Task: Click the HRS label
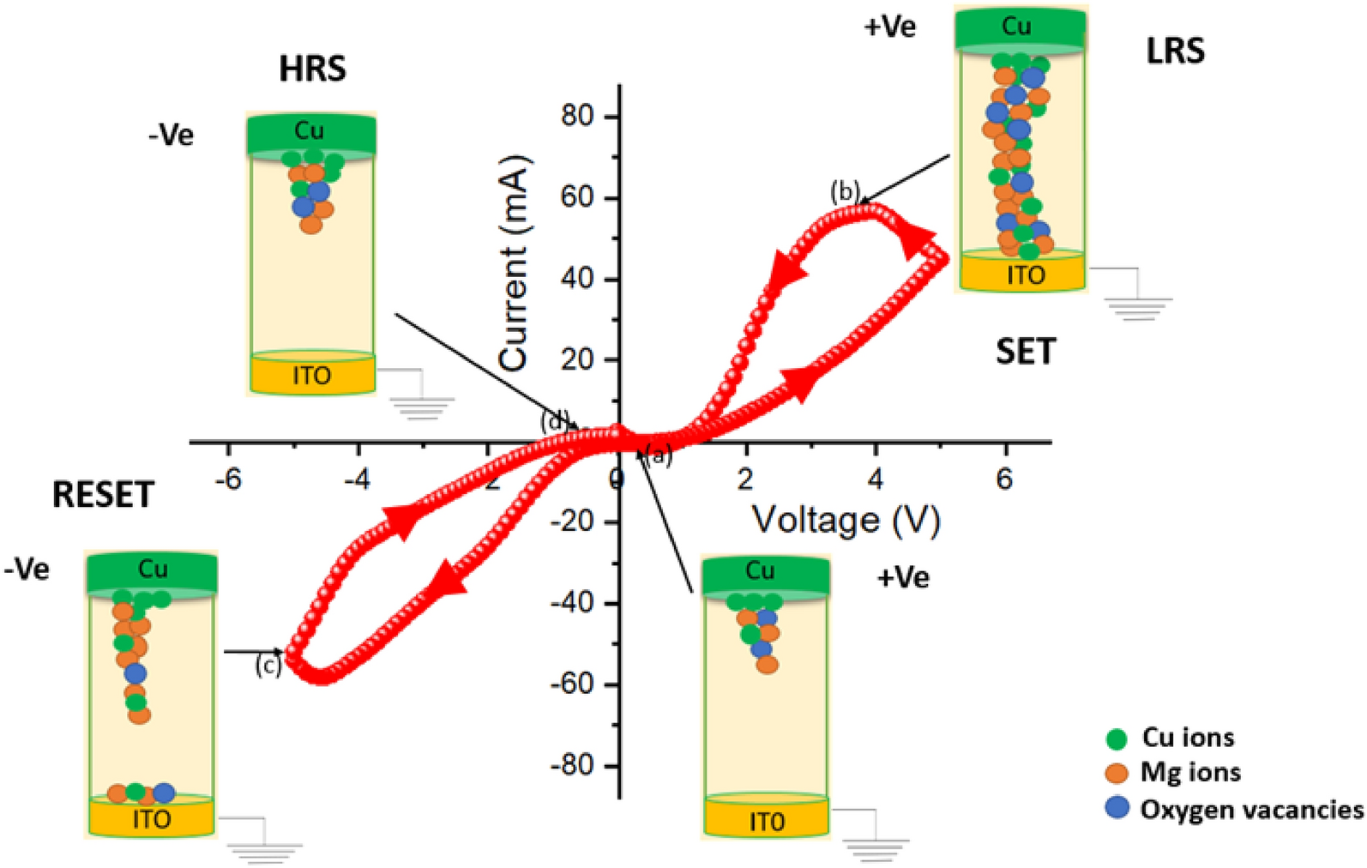point(312,69)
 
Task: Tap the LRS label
point(1175,52)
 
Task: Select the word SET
point(1026,352)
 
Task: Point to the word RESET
point(103,495)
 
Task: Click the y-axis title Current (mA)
point(513,263)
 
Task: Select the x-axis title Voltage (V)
point(846,520)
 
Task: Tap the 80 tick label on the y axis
point(577,116)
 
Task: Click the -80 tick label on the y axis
point(572,765)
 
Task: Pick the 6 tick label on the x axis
point(1004,478)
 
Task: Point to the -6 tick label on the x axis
point(228,478)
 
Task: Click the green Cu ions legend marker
point(1117,738)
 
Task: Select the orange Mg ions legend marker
point(1117,773)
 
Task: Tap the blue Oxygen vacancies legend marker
point(1117,808)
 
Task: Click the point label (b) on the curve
point(845,192)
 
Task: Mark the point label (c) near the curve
point(268,666)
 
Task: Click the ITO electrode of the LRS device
point(1025,274)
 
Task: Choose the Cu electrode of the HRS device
point(310,132)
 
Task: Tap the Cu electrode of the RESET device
point(152,570)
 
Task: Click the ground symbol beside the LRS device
point(1138,307)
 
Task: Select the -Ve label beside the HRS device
point(172,135)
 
